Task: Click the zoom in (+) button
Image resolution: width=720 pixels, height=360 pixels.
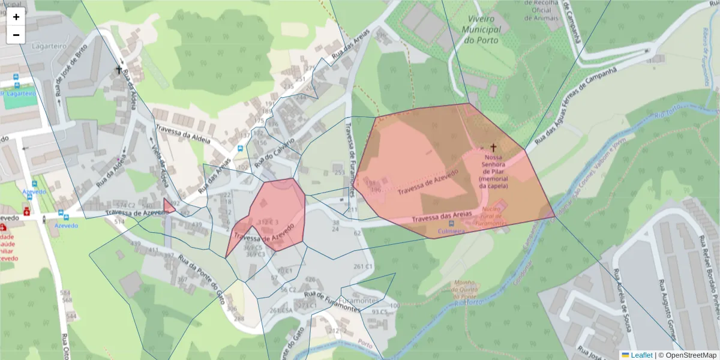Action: pos(16,17)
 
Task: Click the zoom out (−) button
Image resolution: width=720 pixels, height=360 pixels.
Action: pos(16,35)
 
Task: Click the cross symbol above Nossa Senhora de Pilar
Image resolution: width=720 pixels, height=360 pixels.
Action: pos(494,147)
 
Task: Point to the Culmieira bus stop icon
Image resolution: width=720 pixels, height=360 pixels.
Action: pos(451,223)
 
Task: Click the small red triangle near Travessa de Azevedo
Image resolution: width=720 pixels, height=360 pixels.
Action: pos(168,206)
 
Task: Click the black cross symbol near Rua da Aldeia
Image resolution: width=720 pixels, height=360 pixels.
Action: pos(119,70)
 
